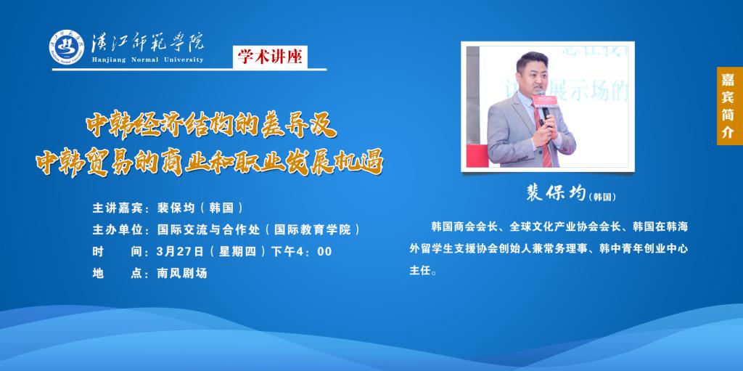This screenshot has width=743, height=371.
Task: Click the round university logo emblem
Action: [x=67, y=46]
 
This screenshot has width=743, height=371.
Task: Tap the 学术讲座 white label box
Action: [x=270, y=57]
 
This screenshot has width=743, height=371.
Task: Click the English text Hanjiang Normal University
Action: [x=148, y=60]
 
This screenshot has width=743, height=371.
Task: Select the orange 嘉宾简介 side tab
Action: [x=728, y=106]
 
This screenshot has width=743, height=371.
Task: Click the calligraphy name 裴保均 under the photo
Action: [x=557, y=192]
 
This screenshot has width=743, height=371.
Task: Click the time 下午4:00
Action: [x=301, y=251]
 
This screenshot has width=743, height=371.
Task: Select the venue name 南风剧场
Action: [x=182, y=273]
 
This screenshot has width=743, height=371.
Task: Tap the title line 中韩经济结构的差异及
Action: [x=211, y=126]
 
